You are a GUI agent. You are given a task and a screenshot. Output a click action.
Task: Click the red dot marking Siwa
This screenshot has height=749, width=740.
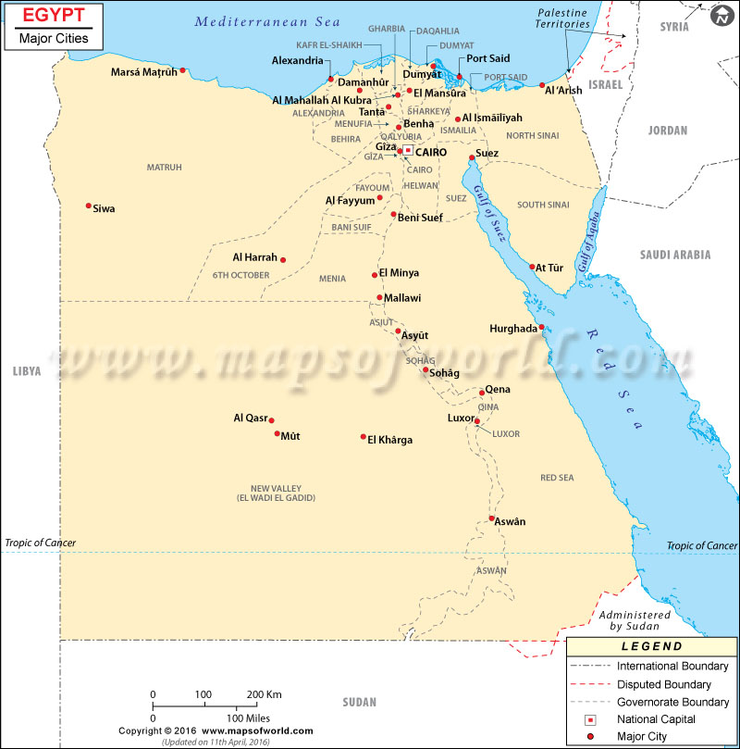click(x=89, y=206)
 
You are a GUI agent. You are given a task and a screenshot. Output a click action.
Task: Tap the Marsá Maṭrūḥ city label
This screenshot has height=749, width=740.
click(x=143, y=71)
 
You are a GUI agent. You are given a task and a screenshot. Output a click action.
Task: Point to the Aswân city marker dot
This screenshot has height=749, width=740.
click(x=492, y=518)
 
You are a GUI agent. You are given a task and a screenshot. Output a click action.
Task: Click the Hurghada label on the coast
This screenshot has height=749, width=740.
click(x=512, y=329)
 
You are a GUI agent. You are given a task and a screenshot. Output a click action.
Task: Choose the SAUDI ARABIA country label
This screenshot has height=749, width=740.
click(x=674, y=255)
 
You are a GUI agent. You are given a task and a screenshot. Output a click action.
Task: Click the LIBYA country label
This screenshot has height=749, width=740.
click(x=27, y=370)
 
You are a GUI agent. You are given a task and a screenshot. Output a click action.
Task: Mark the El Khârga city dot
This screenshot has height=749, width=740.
click(x=364, y=437)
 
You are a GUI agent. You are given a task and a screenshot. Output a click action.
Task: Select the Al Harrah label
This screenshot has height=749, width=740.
click(x=254, y=257)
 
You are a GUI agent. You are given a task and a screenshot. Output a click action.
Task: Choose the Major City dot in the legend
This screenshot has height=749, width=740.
click(x=590, y=737)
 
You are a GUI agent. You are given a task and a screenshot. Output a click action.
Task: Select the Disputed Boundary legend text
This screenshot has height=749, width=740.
click(x=663, y=684)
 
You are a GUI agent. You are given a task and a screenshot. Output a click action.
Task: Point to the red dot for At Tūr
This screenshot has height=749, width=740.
click(x=533, y=268)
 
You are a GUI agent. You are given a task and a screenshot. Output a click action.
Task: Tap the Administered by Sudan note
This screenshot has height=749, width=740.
click(x=635, y=620)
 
